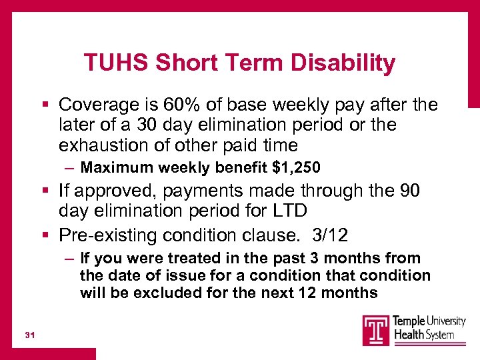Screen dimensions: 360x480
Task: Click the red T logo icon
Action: (376, 330)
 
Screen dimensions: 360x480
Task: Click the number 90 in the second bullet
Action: (407, 191)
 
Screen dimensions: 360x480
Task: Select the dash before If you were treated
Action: (70, 258)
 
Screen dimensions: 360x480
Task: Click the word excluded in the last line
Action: (164, 293)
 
